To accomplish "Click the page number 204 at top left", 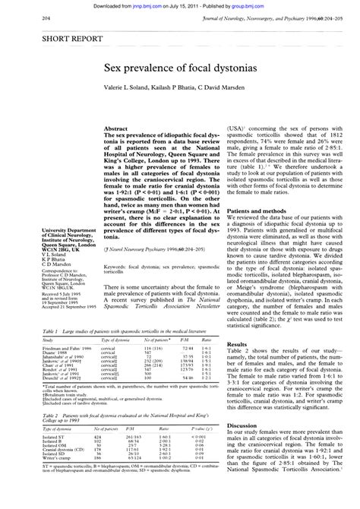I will pyautogui.click(x=25, y=17).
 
